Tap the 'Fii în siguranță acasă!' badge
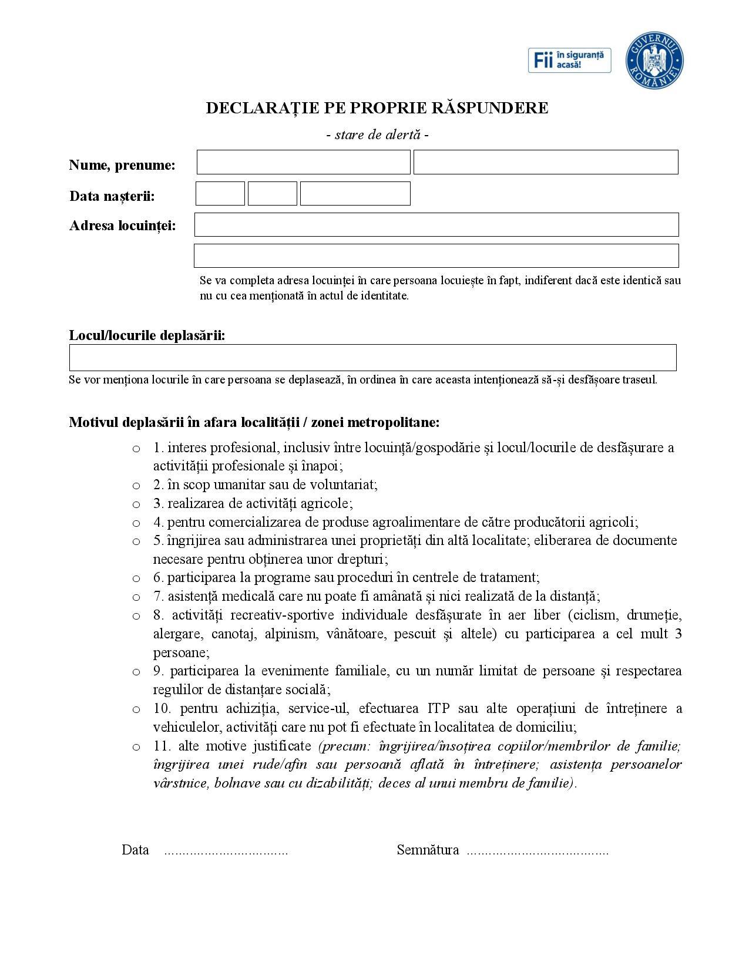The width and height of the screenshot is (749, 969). pos(569,60)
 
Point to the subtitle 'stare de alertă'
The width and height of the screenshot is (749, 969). pos(377,134)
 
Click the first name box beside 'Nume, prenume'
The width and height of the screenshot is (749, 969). pos(303,162)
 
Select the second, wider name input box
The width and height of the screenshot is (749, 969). pos(546,162)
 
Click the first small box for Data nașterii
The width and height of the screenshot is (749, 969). pos(220,193)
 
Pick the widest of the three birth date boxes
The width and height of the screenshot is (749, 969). pos(355,193)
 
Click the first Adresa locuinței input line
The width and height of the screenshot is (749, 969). pos(436,224)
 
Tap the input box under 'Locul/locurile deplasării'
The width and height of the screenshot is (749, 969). pos(372,357)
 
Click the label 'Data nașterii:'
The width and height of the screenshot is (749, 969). pos(112,196)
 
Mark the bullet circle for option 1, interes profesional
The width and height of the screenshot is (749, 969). pos(136,449)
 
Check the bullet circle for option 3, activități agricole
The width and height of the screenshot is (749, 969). pos(136,504)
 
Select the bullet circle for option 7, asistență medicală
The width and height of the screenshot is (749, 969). pos(136,597)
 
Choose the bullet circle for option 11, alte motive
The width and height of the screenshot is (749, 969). pos(136,747)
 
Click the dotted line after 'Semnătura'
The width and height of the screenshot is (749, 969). pos(537,850)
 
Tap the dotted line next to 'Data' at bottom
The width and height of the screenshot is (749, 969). pos(226,850)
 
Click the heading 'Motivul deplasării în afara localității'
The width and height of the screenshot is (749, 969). pos(254,422)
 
